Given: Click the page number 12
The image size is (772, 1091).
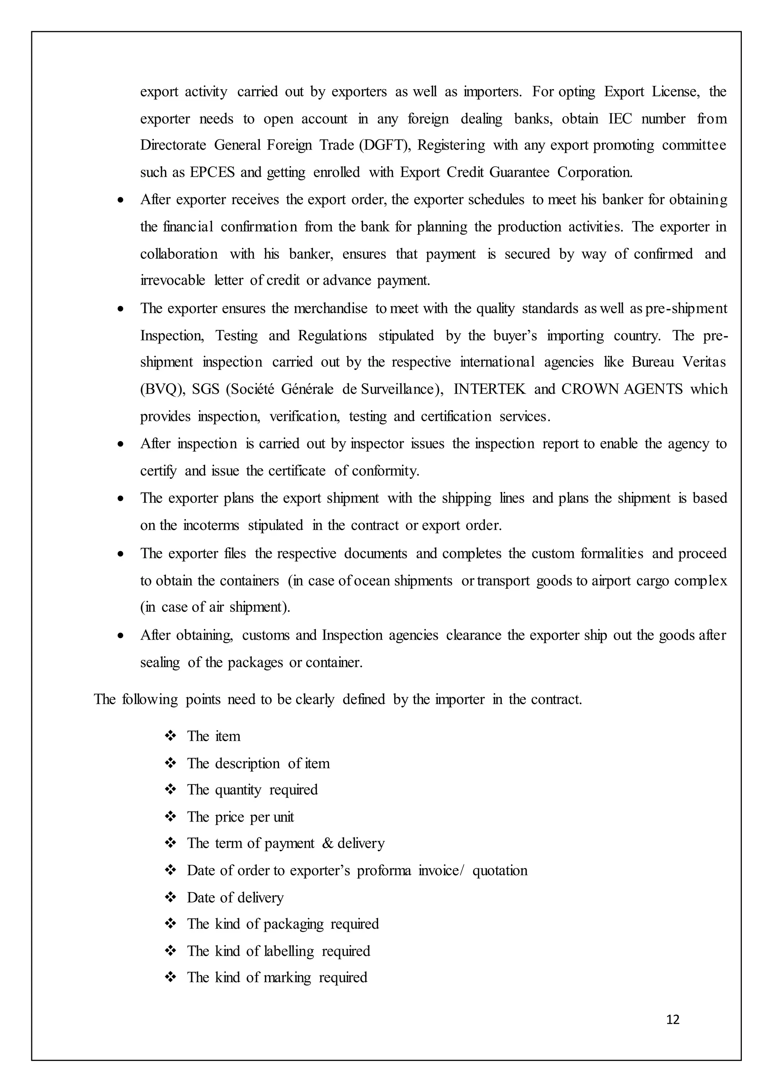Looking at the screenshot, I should point(672,1020).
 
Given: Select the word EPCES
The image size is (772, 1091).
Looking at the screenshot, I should point(212,172).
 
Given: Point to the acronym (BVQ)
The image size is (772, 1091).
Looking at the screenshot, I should point(162,390).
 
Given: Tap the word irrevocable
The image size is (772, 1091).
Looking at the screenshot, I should point(173,280).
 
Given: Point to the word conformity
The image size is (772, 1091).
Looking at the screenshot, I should point(386,471).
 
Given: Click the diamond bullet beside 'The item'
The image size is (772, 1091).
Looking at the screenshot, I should point(170,736).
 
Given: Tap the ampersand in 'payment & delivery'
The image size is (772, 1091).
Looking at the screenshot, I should point(328,843).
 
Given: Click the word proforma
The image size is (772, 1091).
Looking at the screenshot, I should point(384,871).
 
